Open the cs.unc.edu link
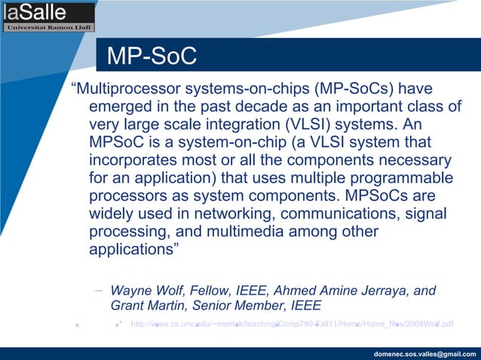click(292, 325)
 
